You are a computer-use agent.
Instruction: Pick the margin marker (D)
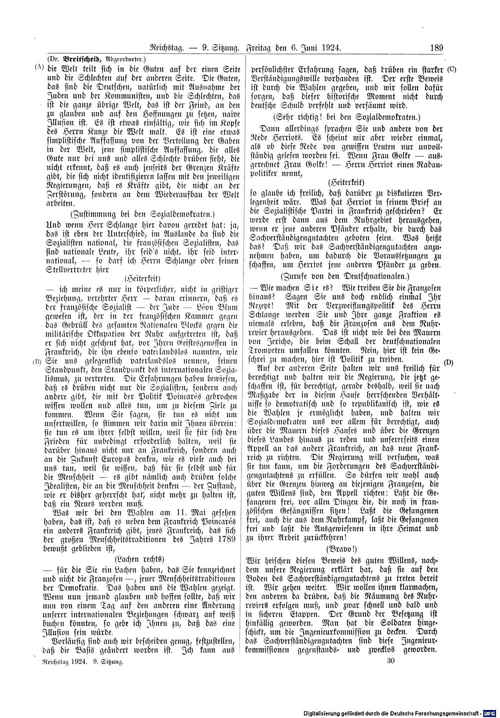pos(447,362)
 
